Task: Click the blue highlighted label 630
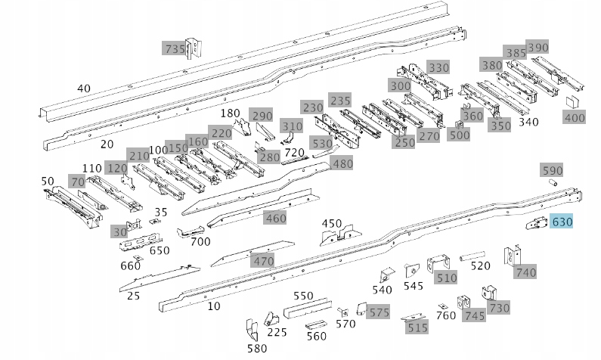pyautogui.click(x=562, y=222)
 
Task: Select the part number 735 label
pyautogui.click(x=175, y=49)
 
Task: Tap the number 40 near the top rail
pyautogui.click(x=84, y=88)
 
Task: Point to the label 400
pyautogui.click(x=575, y=118)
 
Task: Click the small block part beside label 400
pyautogui.click(x=572, y=102)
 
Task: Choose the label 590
pyautogui.click(x=553, y=170)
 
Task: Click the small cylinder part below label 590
pyautogui.click(x=552, y=184)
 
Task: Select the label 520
pyautogui.click(x=481, y=265)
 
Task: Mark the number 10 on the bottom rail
pyautogui.click(x=214, y=306)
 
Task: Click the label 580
pyautogui.click(x=257, y=349)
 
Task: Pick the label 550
pyautogui.click(x=303, y=296)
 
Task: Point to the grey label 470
pyautogui.click(x=263, y=262)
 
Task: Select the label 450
pyautogui.click(x=332, y=223)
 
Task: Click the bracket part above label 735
pyautogui.click(x=194, y=46)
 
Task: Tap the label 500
pyautogui.click(x=459, y=135)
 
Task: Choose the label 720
pyautogui.click(x=294, y=153)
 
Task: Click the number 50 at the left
pyautogui.click(x=48, y=181)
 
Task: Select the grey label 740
pyautogui.click(x=525, y=272)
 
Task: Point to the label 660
pyautogui.click(x=131, y=265)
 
